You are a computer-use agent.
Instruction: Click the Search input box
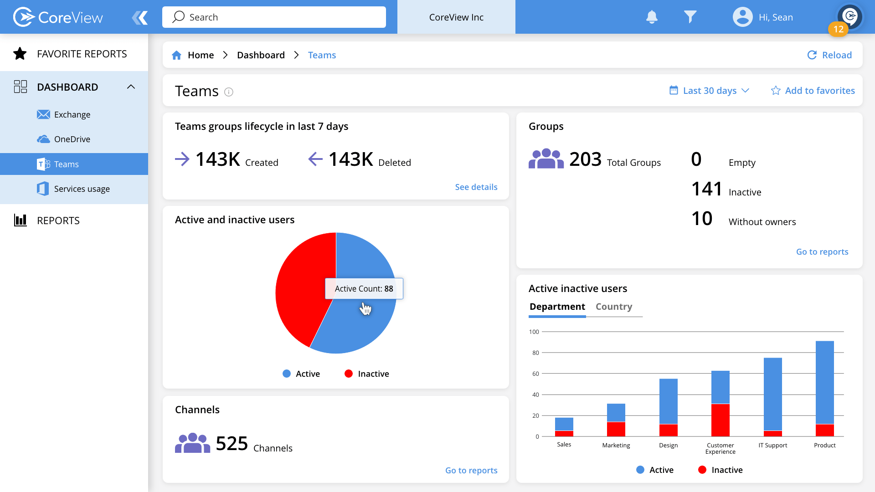tap(273, 17)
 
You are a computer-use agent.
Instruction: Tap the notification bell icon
tap(652, 17)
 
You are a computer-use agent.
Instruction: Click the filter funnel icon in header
tap(690, 17)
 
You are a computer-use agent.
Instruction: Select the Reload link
tap(829, 55)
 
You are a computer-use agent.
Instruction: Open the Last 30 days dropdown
tap(709, 91)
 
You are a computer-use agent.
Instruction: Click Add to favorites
tap(813, 91)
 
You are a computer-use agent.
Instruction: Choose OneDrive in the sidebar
tap(72, 139)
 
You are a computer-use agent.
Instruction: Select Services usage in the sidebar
tap(82, 189)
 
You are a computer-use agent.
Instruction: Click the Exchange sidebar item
tap(72, 115)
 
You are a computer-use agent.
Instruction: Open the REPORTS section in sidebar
tap(58, 221)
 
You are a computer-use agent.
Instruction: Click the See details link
tap(476, 187)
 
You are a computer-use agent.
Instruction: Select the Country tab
tap(613, 307)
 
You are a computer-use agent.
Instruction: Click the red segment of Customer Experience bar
tap(720, 420)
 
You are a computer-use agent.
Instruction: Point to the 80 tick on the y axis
tap(535, 353)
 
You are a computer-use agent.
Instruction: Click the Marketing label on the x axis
tap(616, 446)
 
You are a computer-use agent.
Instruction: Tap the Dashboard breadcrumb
tap(261, 55)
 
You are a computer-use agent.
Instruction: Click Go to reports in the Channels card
tap(471, 471)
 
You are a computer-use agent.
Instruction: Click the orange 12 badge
tap(838, 29)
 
